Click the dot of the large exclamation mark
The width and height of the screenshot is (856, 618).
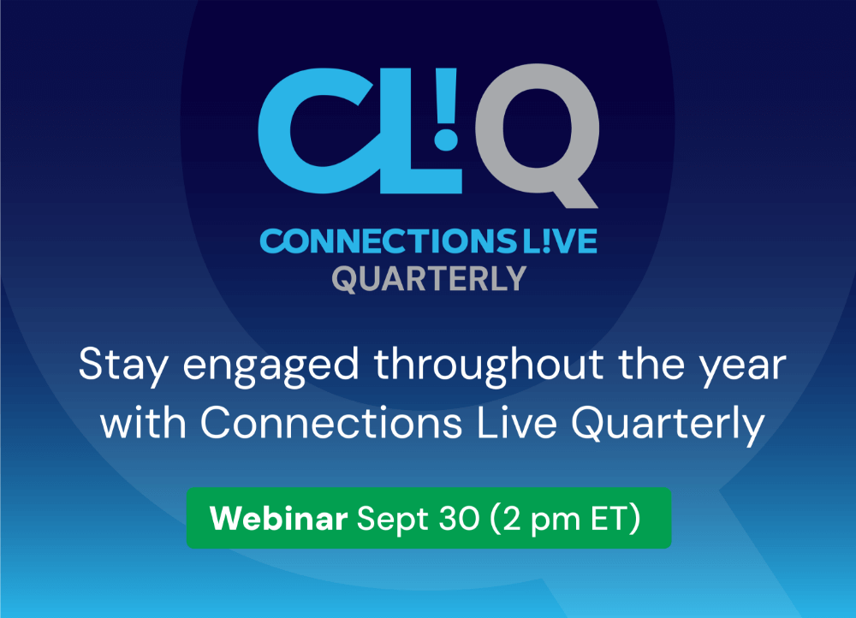coord(446,138)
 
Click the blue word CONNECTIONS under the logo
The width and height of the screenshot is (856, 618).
coord(389,241)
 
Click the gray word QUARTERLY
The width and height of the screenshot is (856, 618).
coord(429,279)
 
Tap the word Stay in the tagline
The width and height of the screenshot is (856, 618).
coord(123,365)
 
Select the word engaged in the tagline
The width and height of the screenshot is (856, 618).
coord(270,368)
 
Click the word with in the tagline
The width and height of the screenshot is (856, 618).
coord(143,423)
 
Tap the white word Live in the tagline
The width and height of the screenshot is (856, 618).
coord(517,423)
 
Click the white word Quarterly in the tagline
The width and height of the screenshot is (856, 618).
coord(668,425)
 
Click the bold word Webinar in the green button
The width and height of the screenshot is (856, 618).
coord(278,518)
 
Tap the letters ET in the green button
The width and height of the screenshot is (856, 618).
coord(609,519)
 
